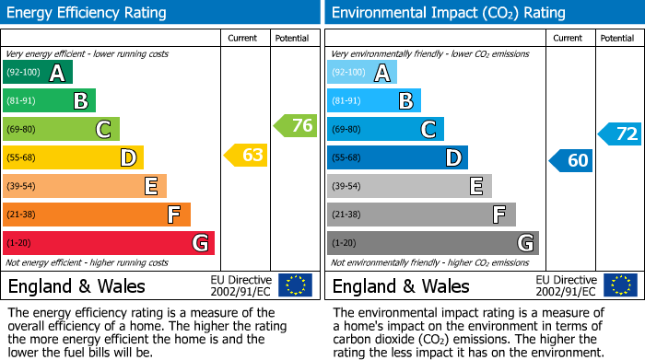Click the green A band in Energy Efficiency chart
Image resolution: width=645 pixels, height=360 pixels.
pos(38,73)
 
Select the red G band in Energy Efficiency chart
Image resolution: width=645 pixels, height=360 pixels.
pos(109,243)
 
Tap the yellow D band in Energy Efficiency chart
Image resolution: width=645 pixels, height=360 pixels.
pos(73,157)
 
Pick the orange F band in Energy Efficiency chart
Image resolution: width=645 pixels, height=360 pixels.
pos(97,215)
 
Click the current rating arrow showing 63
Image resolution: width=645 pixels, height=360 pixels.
pos(246,156)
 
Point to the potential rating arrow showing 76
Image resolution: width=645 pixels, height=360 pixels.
pos(296,126)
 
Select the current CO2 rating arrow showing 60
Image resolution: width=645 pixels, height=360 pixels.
pos(570,161)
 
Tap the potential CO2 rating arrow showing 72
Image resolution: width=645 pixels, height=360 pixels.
pos(620,134)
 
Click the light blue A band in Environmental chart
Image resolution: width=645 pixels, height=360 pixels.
pos(362,73)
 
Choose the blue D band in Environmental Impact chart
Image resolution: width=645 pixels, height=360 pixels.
pos(397,157)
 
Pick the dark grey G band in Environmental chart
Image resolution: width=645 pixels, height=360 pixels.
pos(433,243)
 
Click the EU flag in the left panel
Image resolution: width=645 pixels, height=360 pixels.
pos(295,285)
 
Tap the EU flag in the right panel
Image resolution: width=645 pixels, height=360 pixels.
pos(620,285)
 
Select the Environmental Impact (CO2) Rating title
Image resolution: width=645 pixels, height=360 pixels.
pos(449,13)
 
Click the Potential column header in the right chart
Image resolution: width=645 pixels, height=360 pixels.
pos(617,38)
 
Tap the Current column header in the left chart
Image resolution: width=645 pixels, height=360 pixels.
pos(243,38)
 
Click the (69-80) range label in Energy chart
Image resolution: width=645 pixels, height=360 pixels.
pos(22,130)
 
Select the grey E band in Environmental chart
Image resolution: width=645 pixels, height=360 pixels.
pos(409,186)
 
